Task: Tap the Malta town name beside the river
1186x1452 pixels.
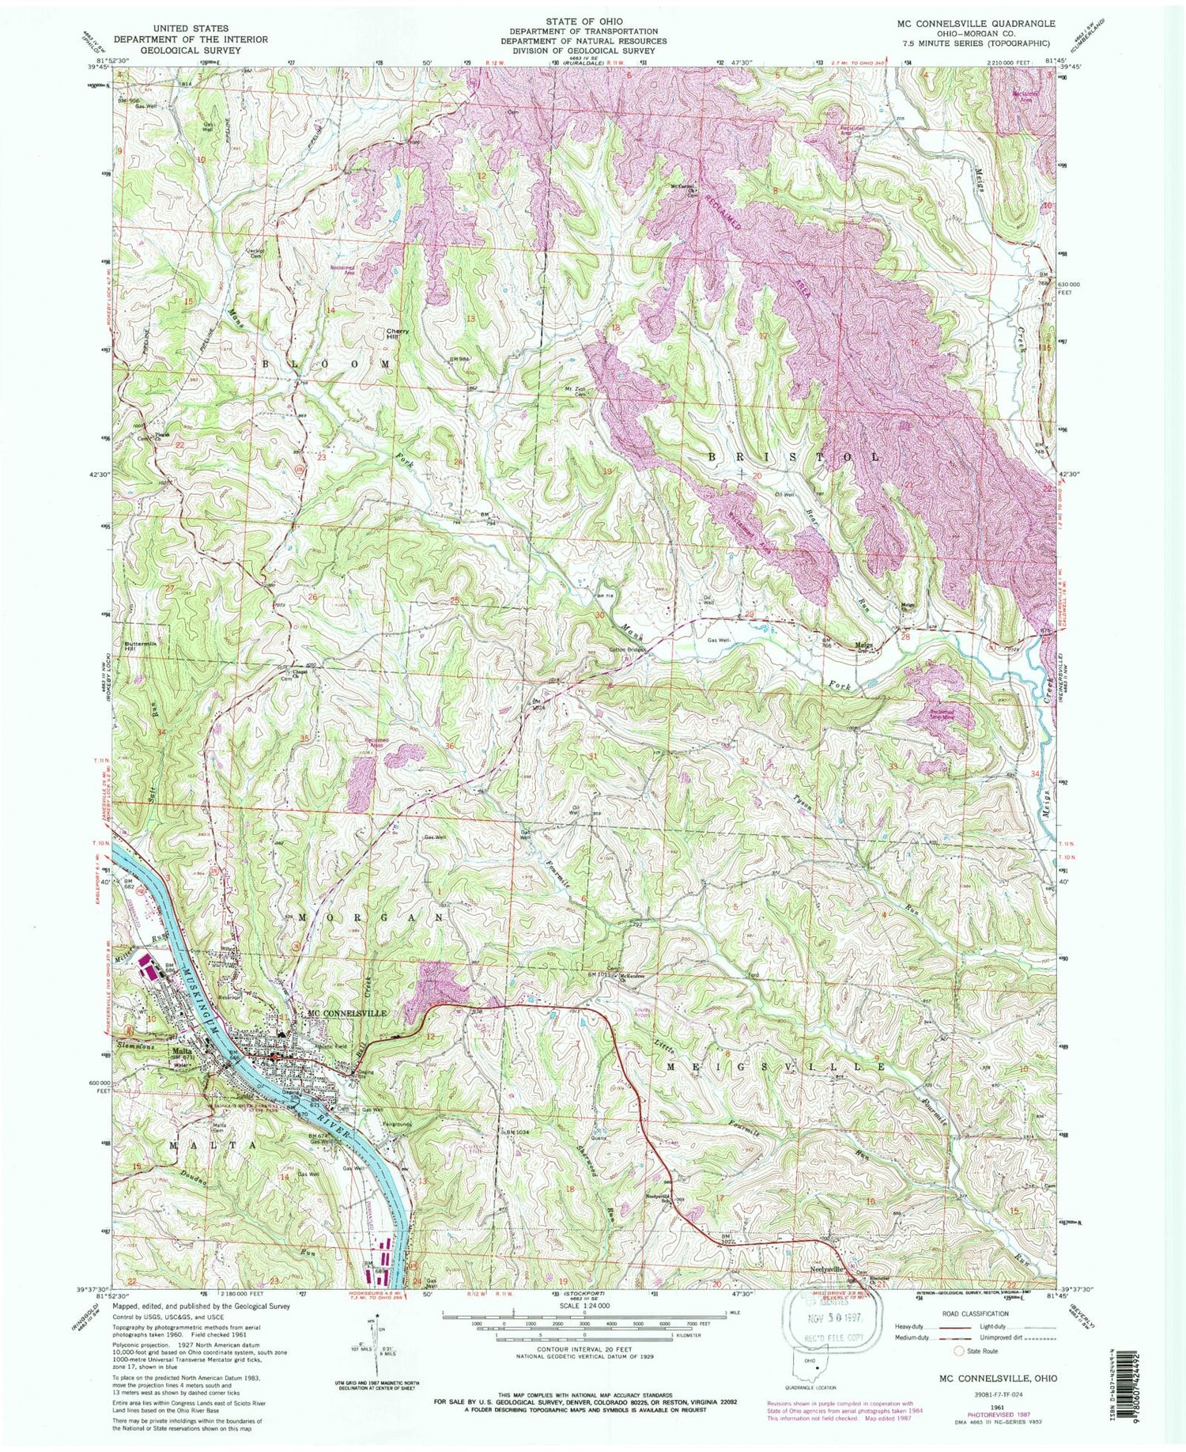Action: pyautogui.click(x=183, y=1051)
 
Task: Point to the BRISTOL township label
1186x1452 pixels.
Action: pyautogui.click(x=791, y=457)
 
